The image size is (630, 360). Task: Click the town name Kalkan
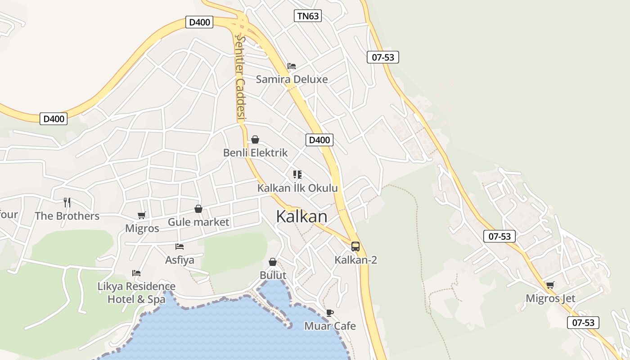pyautogui.click(x=301, y=216)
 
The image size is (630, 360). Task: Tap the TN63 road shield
pyautogui.click(x=308, y=16)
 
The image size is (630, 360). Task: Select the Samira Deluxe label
pyautogui.click(x=292, y=80)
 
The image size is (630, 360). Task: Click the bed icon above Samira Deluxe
pyautogui.click(x=292, y=66)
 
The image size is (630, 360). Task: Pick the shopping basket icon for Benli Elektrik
pyautogui.click(x=255, y=139)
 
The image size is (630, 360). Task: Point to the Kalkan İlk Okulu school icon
pyautogui.click(x=297, y=174)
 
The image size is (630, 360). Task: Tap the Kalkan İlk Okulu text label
pyautogui.click(x=297, y=188)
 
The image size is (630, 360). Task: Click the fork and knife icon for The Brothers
pyautogui.click(x=67, y=202)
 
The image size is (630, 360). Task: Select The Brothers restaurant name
pyautogui.click(x=67, y=216)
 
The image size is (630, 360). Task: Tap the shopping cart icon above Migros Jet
pyautogui.click(x=550, y=285)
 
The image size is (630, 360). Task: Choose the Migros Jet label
pyautogui.click(x=550, y=298)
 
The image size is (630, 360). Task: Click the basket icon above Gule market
pyautogui.click(x=198, y=209)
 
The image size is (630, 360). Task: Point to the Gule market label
pyautogui.click(x=198, y=222)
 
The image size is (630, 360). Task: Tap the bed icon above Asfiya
pyautogui.click(x=180, y=246)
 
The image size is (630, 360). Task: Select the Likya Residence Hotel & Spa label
pyautogui.click(x=137, y=292)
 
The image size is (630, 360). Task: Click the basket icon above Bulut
pyautogui.click(x=273, y=262)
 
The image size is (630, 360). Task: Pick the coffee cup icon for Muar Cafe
pyautogui.click(x=330, y=313)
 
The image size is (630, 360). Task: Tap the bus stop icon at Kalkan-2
pyautogui.click(x=355, y=246)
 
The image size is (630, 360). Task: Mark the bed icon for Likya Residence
pyautogui.click(x=136, y=273)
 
